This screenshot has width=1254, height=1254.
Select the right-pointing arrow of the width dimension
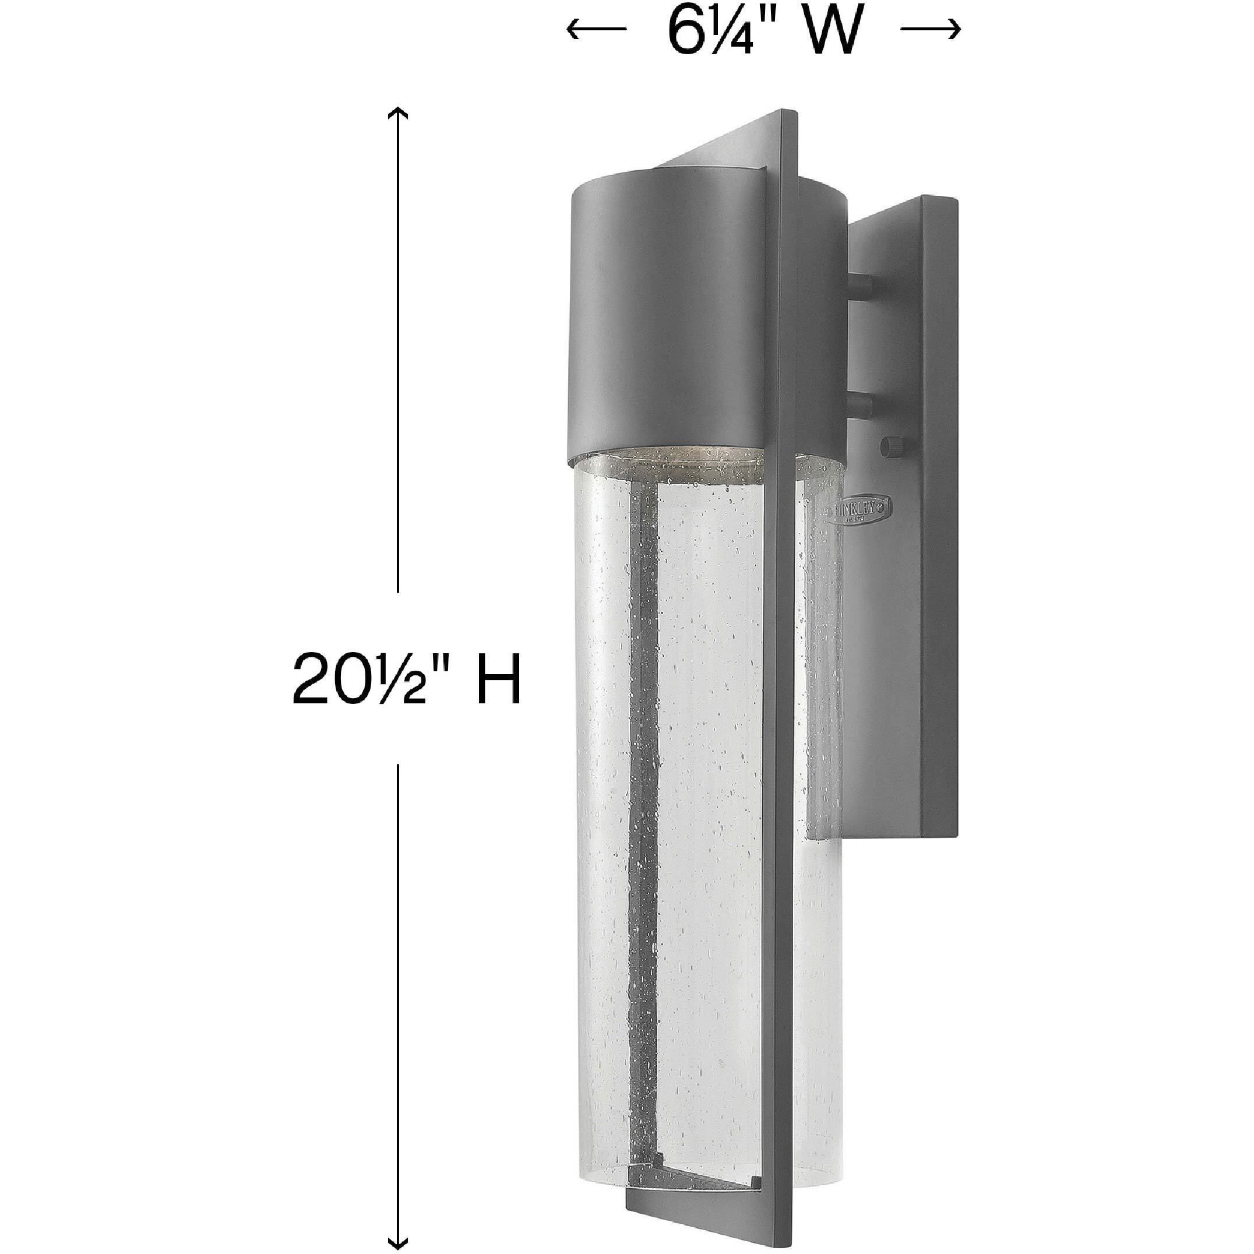click(931, 29)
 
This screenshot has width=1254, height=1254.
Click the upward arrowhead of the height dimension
click(397, 114)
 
